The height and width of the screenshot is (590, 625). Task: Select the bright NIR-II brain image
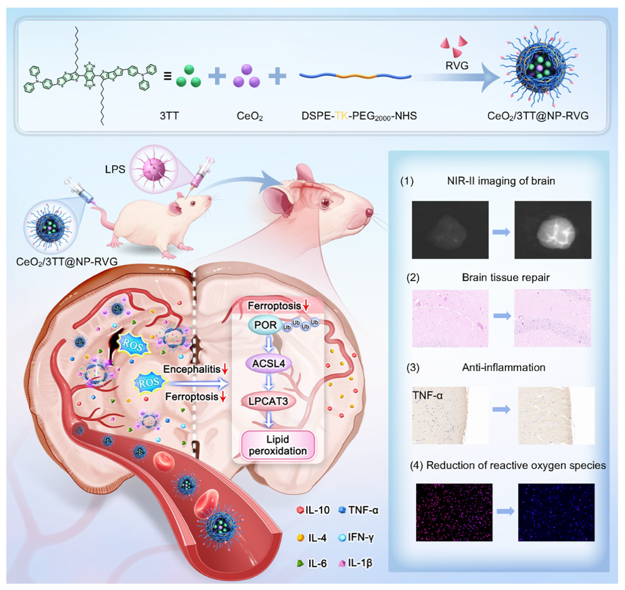[x=553, y=229]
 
